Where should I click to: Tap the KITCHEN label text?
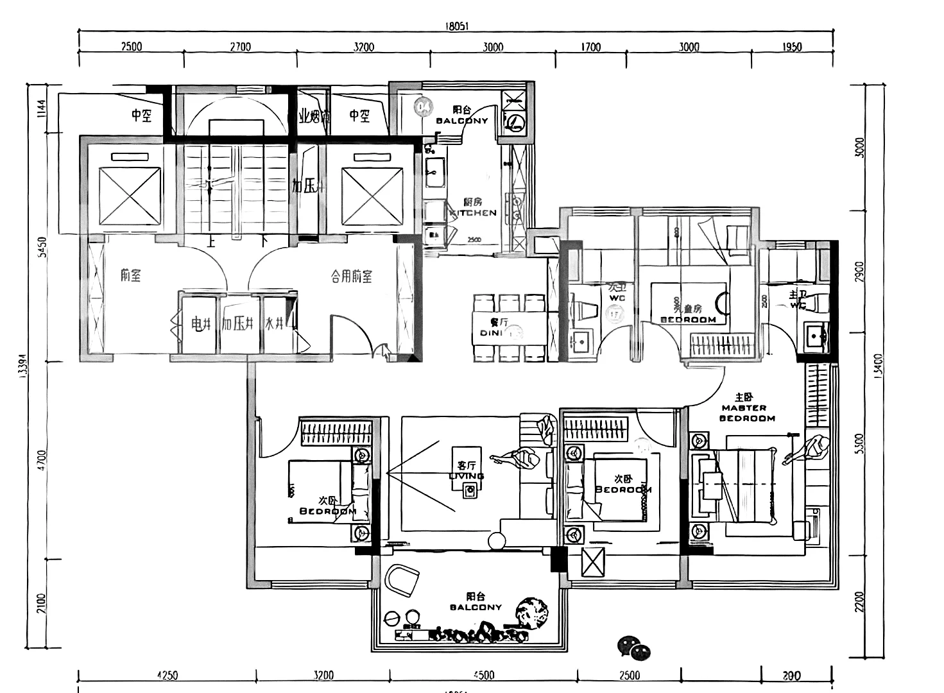click(x=474, y=212)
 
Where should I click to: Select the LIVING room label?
click(x=467, y=475)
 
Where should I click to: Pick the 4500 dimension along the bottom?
click(x=483, y=675)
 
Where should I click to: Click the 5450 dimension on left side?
click(x=42, y=248)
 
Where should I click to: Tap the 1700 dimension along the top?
click(x=590, y=47)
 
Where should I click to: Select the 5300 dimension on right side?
click(x=860, y=443)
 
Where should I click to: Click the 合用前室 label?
click(x=352, y=277)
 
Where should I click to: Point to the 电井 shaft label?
click(x=201, y=324)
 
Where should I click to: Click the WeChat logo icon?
click(x=633, y=647)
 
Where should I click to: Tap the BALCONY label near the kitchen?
click(x=462, y=120)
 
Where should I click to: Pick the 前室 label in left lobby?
click(x=130, y=276)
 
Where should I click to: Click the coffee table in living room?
click(x=470, y=490)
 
